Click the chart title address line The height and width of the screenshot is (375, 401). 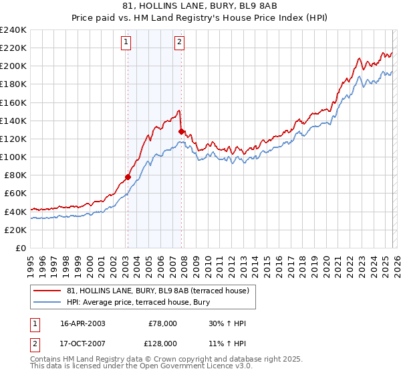pyautogui.click(x=200, y=6)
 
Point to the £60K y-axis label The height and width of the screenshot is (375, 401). pyautogui.click(x=15, y=194)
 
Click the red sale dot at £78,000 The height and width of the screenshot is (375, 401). pyautogui.click(x=128, y=177)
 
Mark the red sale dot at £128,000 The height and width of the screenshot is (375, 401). pyautogui.click(x=181, y=132)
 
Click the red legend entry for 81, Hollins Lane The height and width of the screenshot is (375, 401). pyautogui.click(x=158, y=290)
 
